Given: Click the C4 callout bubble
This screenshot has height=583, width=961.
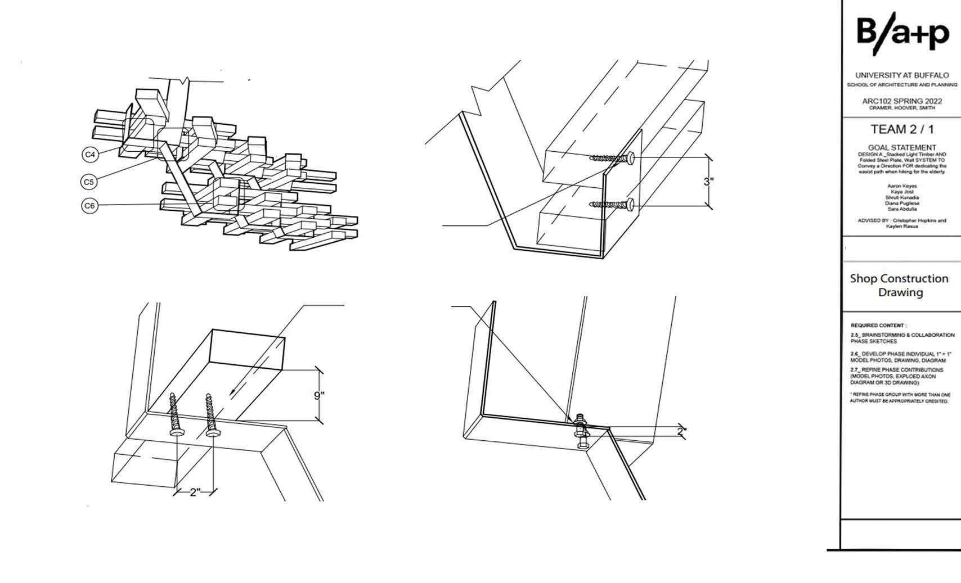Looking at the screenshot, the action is pos(90,154).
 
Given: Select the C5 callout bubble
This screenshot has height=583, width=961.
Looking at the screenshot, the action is pos(88,182).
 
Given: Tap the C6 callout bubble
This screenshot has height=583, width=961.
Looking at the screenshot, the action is pos(89,206).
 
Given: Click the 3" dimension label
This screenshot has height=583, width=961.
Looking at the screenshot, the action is pos(708,182).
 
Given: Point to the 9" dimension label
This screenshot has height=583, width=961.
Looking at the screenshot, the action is pos(319,396).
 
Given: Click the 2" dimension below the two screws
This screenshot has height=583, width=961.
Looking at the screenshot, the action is pos(195,492).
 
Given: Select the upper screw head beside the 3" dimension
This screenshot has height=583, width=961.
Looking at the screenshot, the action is pos(630,157).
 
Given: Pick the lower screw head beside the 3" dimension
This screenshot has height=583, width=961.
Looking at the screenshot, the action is pos(630,205).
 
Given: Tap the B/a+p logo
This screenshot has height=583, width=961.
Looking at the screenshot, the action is pos(902,35).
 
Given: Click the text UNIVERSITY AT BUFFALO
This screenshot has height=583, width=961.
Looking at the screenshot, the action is pos(902,75).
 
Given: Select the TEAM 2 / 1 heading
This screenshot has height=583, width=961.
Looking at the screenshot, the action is pos(902,130).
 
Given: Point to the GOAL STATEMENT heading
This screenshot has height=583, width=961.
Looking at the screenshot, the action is pos(902,147).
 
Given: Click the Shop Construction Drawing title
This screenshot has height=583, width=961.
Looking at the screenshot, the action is pos(899,286).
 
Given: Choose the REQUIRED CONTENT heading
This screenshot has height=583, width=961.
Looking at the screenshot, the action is pos(878,326).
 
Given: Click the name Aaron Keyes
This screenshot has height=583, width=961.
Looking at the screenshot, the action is pos(902,186).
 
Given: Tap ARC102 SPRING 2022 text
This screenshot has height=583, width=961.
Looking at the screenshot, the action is pos(902,101).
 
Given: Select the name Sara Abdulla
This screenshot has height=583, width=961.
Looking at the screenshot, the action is pos(902,209).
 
